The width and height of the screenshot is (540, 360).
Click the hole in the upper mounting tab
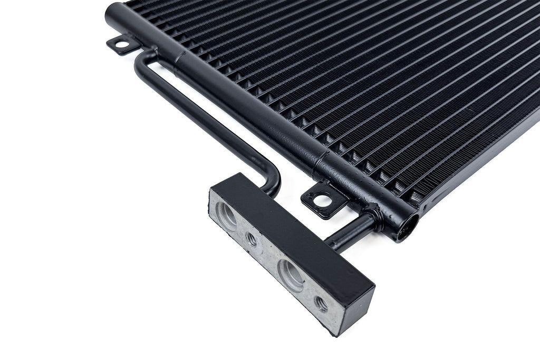tap(121, 44)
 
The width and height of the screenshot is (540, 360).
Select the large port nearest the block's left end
tap(227, 215)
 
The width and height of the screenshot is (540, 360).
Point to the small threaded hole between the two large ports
tap(252, 239)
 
